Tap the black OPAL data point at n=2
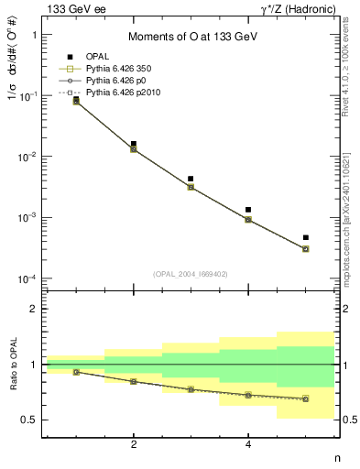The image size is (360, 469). [x=134, y=144]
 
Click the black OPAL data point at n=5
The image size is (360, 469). [x=306, y=237]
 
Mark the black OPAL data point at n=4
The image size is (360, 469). [x=248, y=210]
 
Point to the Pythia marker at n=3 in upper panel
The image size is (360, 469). [x=191, y=187]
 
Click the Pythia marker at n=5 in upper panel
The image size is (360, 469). [x=306, y=248]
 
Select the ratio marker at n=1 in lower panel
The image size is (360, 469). [x=76, y=372]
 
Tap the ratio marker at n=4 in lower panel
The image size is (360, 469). [x=248, y=396]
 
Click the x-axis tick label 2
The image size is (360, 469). [x=134, y=445]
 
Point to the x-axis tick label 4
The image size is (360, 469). [x=248, y=445]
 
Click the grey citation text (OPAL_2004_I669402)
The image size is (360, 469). [x=191, y=273]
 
